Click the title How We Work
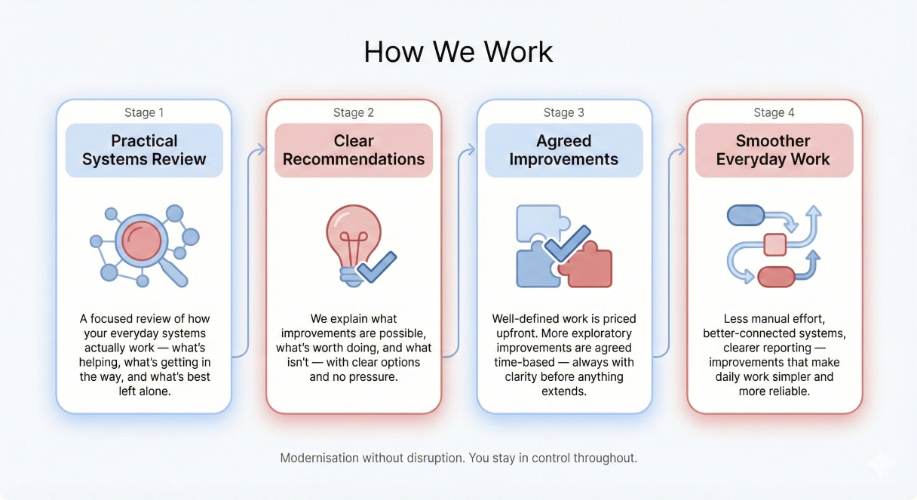458,51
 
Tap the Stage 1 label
144,112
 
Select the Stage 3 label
563,112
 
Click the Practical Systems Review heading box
144,150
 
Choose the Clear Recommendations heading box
354,150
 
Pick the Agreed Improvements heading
563,150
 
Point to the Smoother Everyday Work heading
773,150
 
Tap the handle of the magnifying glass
175,274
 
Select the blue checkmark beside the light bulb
377,266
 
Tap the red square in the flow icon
774,245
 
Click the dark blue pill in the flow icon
745,216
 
